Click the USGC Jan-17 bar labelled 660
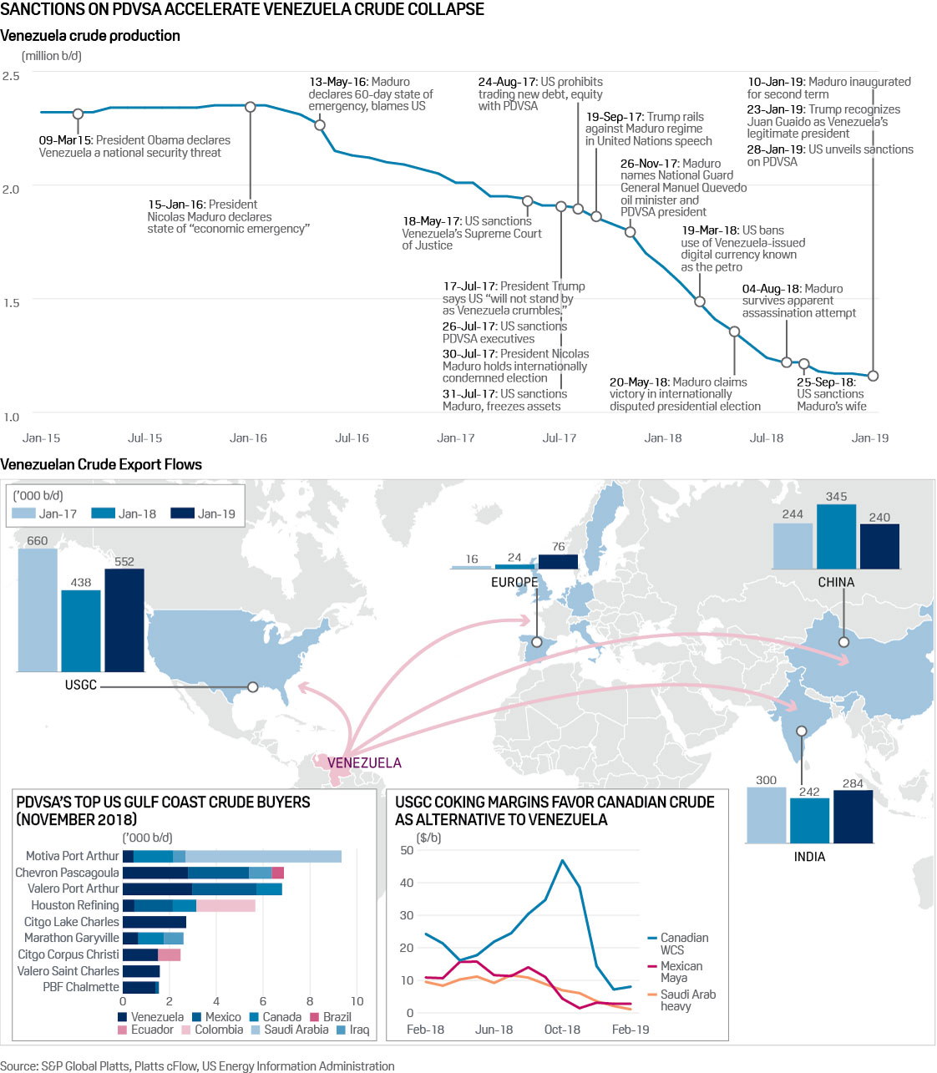click(x=38, y=610)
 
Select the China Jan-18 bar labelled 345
click(x=836, y=537)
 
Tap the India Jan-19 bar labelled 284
click(x=853, y=816)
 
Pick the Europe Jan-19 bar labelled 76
click(x=558, y=561)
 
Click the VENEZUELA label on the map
click(x=364, y=762)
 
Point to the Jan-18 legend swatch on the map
click(x=103, y=514)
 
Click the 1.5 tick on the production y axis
click(x=11, y=302)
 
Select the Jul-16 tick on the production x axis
click(x=352, y=438)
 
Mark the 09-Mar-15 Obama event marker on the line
click(x=78, y=114)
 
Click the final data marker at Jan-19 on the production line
click(x=873, y=376)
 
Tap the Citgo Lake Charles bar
click(x=154, y=922)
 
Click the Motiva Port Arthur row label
click(x=72, y=856)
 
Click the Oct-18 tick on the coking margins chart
click(x=562, y=1030)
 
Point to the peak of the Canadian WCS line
click(x=563, y=860)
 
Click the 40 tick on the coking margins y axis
click(x=407, y=883)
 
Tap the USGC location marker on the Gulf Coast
click(x=252, y=687)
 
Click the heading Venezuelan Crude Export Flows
click(x=101, y=464)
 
